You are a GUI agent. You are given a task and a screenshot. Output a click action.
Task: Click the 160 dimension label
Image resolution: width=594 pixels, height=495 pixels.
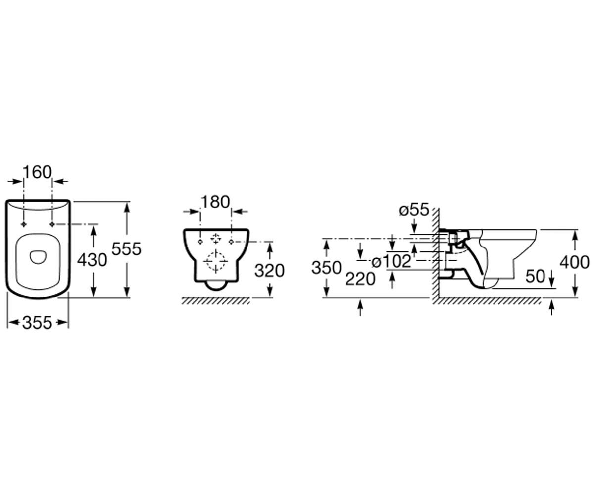37,172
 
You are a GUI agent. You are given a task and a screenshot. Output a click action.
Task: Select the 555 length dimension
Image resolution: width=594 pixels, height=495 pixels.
126,248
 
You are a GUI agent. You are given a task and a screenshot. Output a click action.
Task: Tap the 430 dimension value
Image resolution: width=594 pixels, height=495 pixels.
92,260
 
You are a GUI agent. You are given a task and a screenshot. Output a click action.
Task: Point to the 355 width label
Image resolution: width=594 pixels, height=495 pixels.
37,323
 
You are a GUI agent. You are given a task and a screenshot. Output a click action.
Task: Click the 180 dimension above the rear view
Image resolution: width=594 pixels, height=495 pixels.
215,202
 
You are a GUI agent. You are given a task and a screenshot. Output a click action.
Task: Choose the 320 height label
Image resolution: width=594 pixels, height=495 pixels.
269,271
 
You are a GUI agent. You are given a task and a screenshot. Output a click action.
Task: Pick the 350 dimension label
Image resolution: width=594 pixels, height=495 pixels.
326,268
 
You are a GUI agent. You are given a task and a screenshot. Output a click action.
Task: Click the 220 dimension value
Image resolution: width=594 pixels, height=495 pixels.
360,279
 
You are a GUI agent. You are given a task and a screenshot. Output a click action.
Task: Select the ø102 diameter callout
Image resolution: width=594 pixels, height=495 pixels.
392,261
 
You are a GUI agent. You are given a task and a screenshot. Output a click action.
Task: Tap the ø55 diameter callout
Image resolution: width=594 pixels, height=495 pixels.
414,210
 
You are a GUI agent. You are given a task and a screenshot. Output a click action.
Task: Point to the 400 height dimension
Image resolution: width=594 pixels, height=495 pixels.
574,262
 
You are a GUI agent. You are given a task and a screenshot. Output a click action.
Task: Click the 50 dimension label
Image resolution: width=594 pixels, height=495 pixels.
535,276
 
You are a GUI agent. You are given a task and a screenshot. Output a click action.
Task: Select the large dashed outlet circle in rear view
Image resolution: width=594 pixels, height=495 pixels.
216,261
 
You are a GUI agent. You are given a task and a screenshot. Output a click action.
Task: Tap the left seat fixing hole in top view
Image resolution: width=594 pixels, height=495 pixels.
24,224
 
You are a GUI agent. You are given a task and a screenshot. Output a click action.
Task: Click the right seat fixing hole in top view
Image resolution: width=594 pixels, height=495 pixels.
52,224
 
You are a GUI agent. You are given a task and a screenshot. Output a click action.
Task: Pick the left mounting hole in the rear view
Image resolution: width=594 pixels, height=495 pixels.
200,242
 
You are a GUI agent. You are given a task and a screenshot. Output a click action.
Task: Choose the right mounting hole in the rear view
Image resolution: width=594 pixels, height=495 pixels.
231,242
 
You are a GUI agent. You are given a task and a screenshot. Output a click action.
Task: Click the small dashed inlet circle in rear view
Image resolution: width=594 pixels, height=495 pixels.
216,238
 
